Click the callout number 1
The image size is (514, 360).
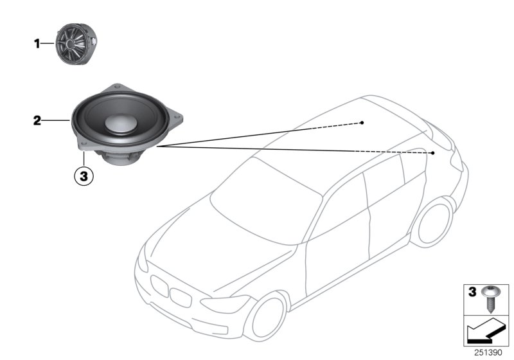(x=37, y=44)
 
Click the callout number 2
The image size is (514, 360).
(x=37, y=120)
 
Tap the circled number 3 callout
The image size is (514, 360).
(x=84, y=175)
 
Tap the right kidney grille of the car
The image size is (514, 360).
(x=181, y=297)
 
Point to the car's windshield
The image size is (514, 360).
(x=263, y=193)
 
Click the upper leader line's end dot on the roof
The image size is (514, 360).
(x=362, y=122)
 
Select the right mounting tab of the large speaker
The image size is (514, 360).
(x=181, y=118)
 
